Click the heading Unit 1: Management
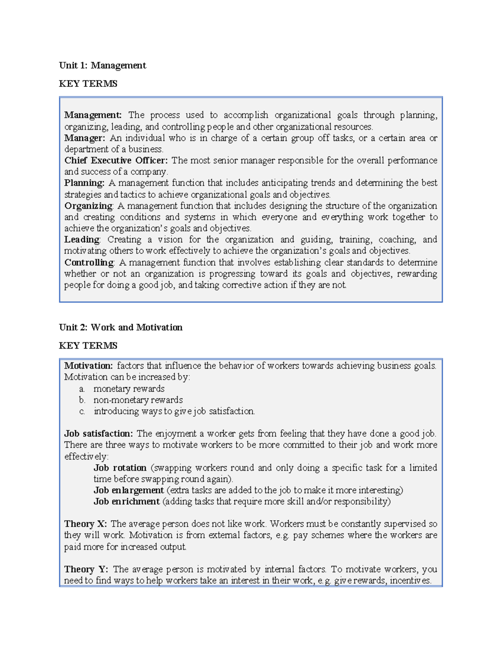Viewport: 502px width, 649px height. (102, 65)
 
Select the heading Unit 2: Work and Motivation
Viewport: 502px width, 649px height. (120, 327)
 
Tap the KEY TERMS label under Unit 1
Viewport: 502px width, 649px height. (88, 84)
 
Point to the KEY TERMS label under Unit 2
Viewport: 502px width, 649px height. (88, 346)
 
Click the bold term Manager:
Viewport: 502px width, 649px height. (85, 138)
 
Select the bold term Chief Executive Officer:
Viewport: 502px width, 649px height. (116, 160)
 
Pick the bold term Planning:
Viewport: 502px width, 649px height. (84, 183)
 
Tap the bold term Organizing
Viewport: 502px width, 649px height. (88, 206)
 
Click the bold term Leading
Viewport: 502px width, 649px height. (82, 239)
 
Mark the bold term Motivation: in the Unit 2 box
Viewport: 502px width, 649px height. (88, 366)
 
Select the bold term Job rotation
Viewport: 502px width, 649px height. (120, 468)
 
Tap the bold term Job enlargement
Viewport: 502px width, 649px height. (128, 490)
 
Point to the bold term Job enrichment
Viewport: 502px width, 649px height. (126, 501)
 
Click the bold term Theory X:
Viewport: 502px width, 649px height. (85, 524)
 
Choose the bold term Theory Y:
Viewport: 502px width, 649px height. (86, 569)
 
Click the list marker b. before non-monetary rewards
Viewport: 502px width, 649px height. (82, 400)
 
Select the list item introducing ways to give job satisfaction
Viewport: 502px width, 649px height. (174, 411)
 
